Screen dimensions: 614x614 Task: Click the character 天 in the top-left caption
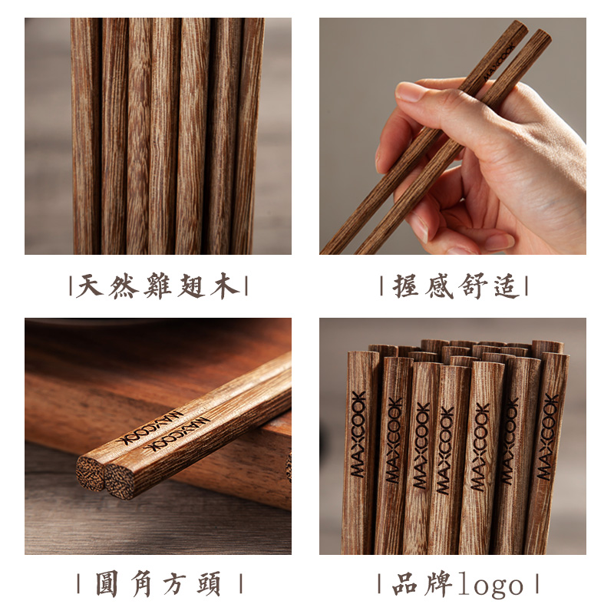tap(90, 286)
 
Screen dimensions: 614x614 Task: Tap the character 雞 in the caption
tap(157, 286)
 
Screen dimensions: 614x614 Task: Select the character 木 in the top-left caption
tap(224, 286)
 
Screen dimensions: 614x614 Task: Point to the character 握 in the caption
tap(406, 286)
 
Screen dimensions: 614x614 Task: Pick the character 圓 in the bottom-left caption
tap(107, 583)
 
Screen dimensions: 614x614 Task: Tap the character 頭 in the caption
tap(208, 583)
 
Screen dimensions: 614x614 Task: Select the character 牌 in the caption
tap(438, 583)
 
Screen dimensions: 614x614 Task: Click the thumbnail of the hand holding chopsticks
tap(452, 136)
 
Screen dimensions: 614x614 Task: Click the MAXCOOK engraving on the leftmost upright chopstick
tap(358, 434)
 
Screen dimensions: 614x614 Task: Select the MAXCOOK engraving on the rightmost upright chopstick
tap(547, 437)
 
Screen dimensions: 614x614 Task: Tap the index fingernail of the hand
tap(408, 91)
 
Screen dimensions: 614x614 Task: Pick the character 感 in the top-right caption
tap(439, 286)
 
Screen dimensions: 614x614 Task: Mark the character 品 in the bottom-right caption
tap(404, 583)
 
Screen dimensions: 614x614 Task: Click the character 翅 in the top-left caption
tap(191, 286)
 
